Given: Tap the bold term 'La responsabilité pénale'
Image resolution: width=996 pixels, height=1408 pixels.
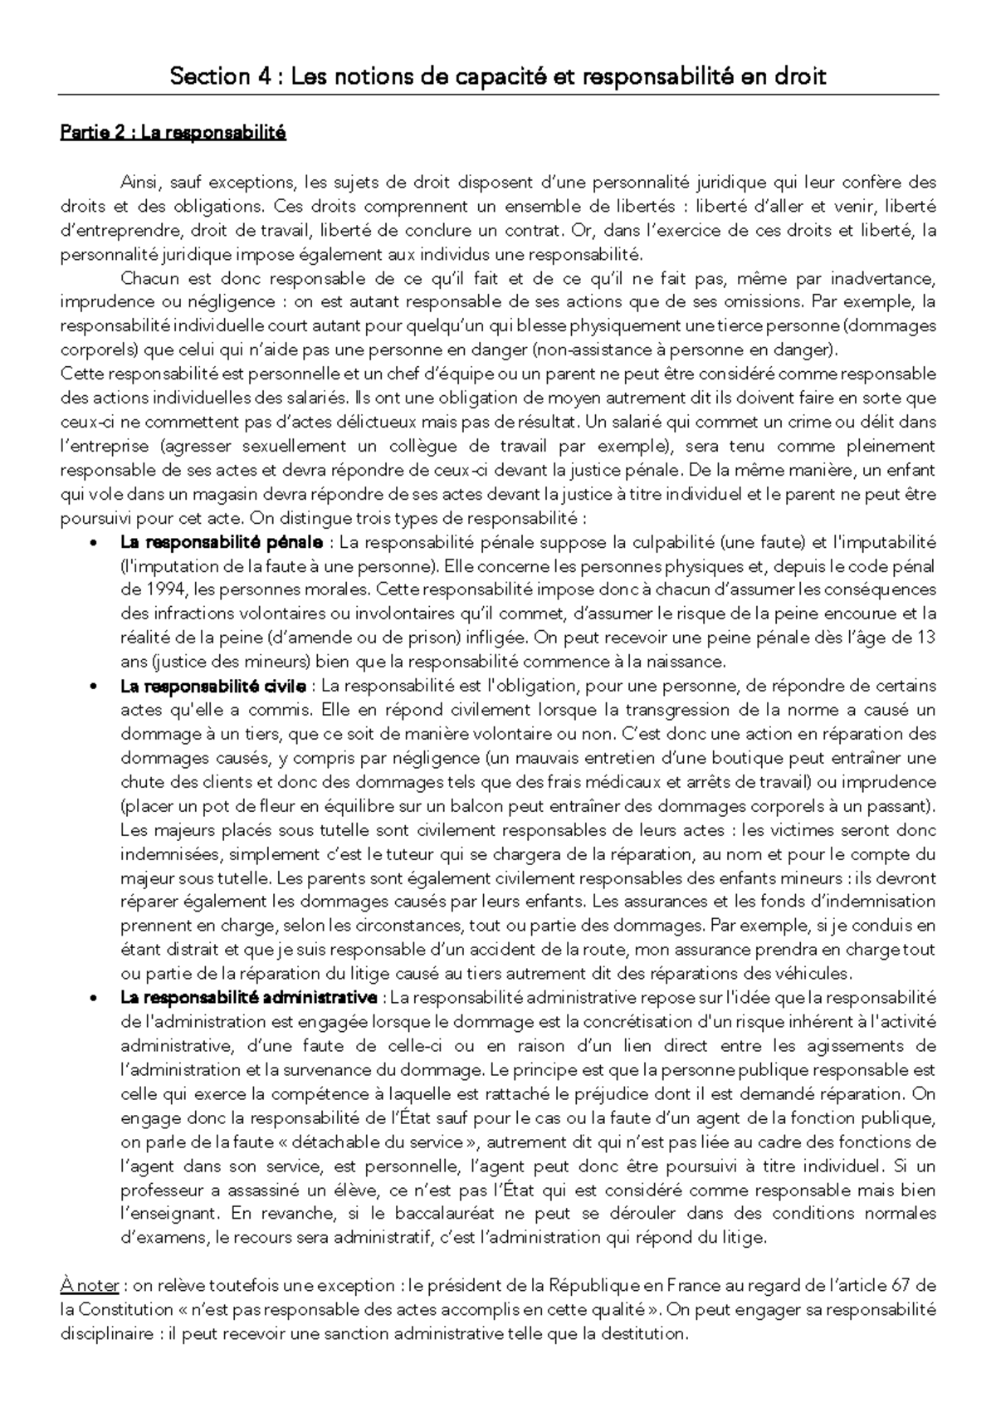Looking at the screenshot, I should point(222,543).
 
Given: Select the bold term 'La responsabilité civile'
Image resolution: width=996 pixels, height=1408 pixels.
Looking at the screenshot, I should point(214,687).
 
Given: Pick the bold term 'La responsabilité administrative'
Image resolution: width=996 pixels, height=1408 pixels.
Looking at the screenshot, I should point(249,997).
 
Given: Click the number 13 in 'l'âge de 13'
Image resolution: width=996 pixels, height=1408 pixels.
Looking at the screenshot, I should point(927,638).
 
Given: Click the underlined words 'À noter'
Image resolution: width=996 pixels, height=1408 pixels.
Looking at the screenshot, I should point(90,1286).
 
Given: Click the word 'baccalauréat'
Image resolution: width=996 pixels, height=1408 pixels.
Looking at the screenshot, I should point(467,1214).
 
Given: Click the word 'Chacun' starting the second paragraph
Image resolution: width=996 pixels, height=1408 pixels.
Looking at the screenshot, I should point(145,278).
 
